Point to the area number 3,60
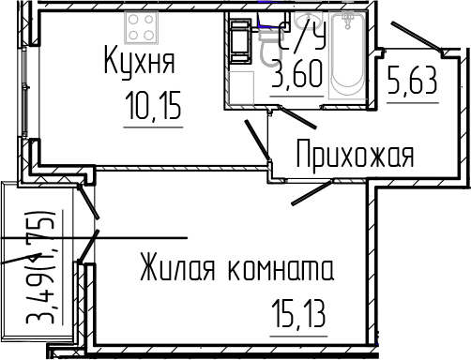296,76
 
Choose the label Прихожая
354,153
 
